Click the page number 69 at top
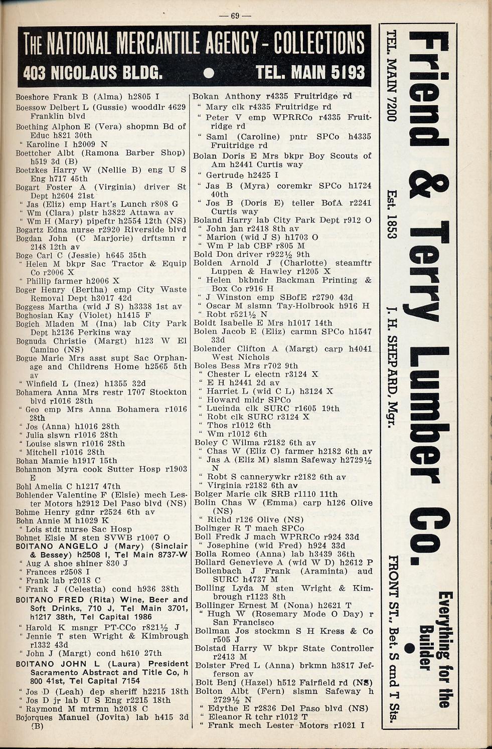(235, 15)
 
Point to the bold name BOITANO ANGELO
(52, 546)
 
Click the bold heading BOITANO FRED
(48, 600)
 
